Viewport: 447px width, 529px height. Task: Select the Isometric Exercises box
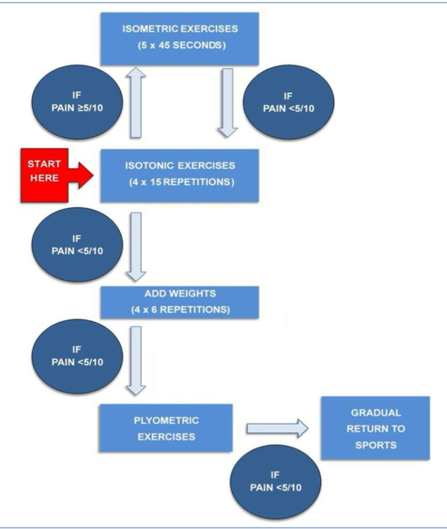(179, 39)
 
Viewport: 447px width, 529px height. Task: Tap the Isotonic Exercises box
(179, 176)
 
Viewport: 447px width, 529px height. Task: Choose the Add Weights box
(179, 302)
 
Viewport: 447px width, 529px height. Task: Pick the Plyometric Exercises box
(166, 428)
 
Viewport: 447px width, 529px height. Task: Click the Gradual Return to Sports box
(375, 428)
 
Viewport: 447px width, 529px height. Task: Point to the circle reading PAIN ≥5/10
(77, 102)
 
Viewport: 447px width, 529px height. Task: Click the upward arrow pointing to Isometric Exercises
(136, 102)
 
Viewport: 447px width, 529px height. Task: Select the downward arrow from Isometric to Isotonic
(228, 103)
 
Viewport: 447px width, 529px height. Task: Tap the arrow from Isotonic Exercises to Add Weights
(136, 247)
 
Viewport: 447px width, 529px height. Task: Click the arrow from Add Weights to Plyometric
(136, 361)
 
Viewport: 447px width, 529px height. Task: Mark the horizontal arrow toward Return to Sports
(277, 429)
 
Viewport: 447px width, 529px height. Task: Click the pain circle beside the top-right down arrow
(289, 102)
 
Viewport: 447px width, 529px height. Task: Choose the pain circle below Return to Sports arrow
(276, 482)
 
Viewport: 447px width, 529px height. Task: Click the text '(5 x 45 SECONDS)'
(181, 45)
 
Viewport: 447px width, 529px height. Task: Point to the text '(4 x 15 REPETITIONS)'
(181, 182)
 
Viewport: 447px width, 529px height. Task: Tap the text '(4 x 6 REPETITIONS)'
(180, 310)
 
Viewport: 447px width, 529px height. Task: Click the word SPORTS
(376, 445)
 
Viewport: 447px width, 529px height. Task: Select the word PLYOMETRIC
(166, 420)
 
